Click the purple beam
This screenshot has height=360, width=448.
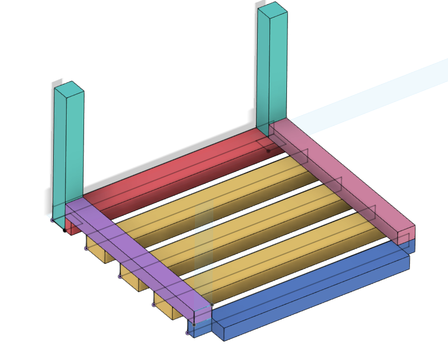tap(139, 253)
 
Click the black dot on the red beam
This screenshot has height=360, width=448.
tap(268, 151)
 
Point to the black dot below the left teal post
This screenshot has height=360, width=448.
tap(64, 230)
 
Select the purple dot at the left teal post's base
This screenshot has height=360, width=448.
tap(52, 221)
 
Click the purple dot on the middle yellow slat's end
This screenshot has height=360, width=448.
tap(120, 277)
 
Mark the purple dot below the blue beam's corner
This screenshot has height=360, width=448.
tap(187, 333)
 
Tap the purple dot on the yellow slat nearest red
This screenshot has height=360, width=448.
tap(86, 248)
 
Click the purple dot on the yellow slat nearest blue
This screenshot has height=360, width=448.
tap(153, 305)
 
